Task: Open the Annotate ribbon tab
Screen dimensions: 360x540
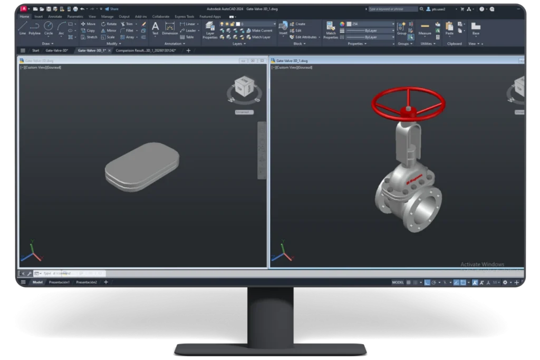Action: [x=55, y=16]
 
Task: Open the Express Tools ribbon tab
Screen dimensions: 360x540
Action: [x=184, y=16]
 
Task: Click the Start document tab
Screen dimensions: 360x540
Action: [x=36, y=51]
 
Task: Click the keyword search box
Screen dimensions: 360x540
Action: [x=392, y=9]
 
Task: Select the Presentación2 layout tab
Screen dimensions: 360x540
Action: [x=86, y=283]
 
